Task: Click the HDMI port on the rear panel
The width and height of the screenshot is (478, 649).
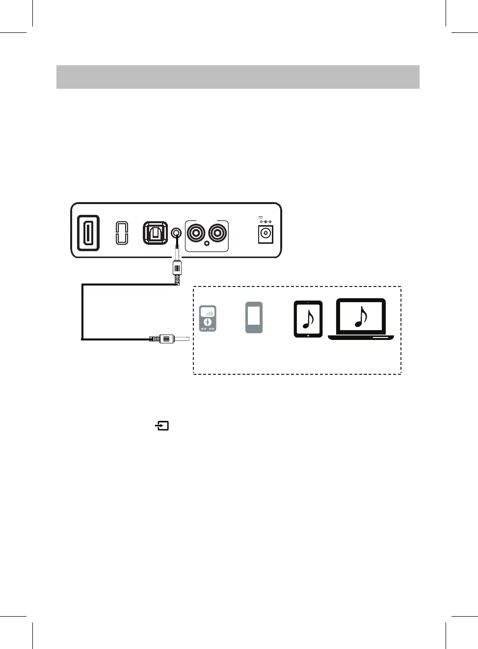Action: [x=88, y=233]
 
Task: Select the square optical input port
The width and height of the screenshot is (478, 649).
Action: [x=155, y=233]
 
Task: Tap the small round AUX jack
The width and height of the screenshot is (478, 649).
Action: [x=176, y=233]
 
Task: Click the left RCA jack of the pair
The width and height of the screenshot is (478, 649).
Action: [x=196, y=233]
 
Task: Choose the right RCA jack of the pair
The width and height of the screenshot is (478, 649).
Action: [x=217, y=233]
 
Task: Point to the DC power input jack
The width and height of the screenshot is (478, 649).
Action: [x=266, y=234]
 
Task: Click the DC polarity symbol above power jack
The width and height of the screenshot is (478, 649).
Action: [x=266, y=222]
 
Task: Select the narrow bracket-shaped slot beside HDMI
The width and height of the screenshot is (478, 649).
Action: [x=122, y=233]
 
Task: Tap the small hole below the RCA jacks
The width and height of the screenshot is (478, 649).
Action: [x=207, y=243]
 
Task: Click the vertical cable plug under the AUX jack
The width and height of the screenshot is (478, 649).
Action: [x=177, y=268]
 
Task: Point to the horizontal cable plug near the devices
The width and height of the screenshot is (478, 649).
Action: [x=167, y=338]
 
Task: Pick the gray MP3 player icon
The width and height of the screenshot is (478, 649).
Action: [x=208, y=318]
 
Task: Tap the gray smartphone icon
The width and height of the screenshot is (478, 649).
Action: [x=254, y=317]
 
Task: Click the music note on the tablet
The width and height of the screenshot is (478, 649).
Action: [x=308, y=319]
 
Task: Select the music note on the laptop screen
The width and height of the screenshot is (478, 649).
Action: [x=361, y=317]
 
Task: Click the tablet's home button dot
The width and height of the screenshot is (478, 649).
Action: [x=308, y=336]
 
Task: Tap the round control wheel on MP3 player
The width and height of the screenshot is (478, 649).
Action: [x=208, y=322]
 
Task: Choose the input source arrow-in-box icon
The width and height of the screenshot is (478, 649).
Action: [x=162, y=426]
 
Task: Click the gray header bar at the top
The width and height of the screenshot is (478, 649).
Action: [x=238, y=77]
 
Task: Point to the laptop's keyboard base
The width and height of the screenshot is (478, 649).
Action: [x=361, y=337]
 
